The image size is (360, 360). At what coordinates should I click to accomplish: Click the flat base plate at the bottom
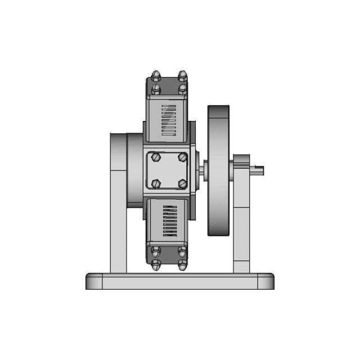180,281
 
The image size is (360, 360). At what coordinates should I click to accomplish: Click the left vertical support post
118,225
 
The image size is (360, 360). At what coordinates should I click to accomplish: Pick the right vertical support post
241,225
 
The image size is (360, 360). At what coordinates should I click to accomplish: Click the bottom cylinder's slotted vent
169,220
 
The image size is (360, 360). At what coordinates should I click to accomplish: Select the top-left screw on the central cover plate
156,157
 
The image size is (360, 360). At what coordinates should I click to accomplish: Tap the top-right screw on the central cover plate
182,157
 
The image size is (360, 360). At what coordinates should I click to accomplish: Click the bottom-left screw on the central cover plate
156,183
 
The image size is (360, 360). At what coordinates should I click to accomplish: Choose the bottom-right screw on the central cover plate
182,183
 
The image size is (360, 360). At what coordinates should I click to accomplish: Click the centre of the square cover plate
169,170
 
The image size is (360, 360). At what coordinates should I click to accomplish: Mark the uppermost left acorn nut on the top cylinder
156,75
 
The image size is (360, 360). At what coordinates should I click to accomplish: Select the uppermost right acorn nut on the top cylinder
182,75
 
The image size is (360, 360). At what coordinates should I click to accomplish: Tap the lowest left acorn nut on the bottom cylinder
156,265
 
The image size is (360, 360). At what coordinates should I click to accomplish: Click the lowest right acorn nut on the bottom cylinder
182,265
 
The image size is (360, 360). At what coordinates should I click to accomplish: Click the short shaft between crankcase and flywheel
203,169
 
